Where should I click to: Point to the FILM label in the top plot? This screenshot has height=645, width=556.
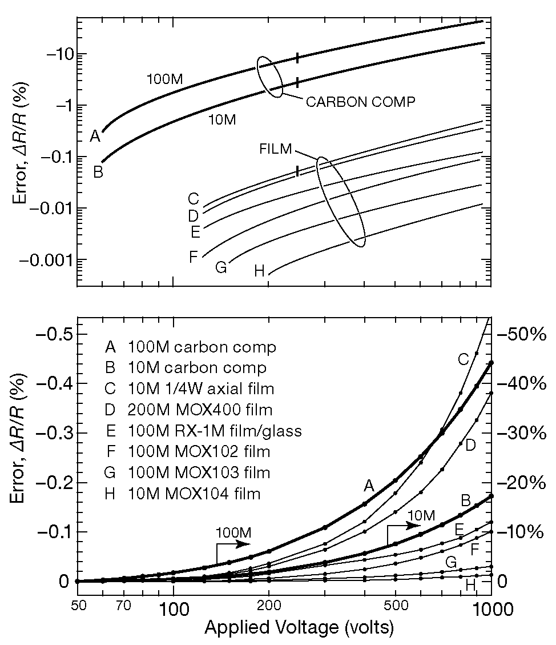275,149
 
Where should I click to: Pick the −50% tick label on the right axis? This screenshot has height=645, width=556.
523,334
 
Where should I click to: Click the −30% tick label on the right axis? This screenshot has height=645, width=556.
523,432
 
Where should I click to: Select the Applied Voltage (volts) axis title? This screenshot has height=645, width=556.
299,628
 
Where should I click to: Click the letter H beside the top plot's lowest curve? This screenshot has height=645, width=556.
260,271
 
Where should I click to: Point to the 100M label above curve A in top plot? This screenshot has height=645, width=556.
164,79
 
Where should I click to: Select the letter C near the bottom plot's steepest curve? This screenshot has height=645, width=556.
464,359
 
